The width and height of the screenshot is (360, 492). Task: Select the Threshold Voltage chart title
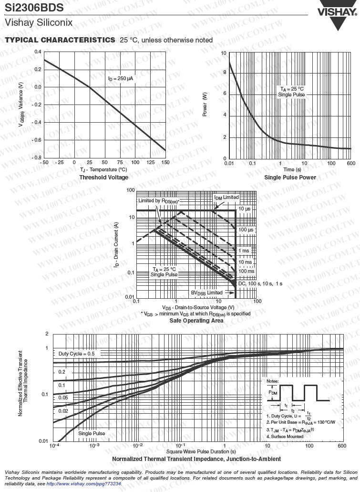(103, 178)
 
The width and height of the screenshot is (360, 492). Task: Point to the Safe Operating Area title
(196, 320)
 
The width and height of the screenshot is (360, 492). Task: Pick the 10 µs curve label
(245, 209)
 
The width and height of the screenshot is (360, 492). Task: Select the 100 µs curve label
(246, 230)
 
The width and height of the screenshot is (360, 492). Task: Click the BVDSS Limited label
(207, 293)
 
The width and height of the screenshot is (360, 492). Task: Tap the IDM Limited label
(226, 198)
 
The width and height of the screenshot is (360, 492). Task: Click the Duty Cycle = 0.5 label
(76, 354)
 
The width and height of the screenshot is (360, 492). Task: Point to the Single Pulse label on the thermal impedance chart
(92, 434)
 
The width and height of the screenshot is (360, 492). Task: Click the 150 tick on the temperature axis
(165, 163)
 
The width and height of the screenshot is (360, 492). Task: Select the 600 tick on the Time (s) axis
(351, 163)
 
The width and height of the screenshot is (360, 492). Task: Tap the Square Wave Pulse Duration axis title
(201, 451)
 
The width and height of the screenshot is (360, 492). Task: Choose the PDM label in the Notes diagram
(272, 393)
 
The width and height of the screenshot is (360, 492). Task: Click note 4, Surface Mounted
(285, 437)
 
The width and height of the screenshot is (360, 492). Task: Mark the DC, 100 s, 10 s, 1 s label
(260, 283)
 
